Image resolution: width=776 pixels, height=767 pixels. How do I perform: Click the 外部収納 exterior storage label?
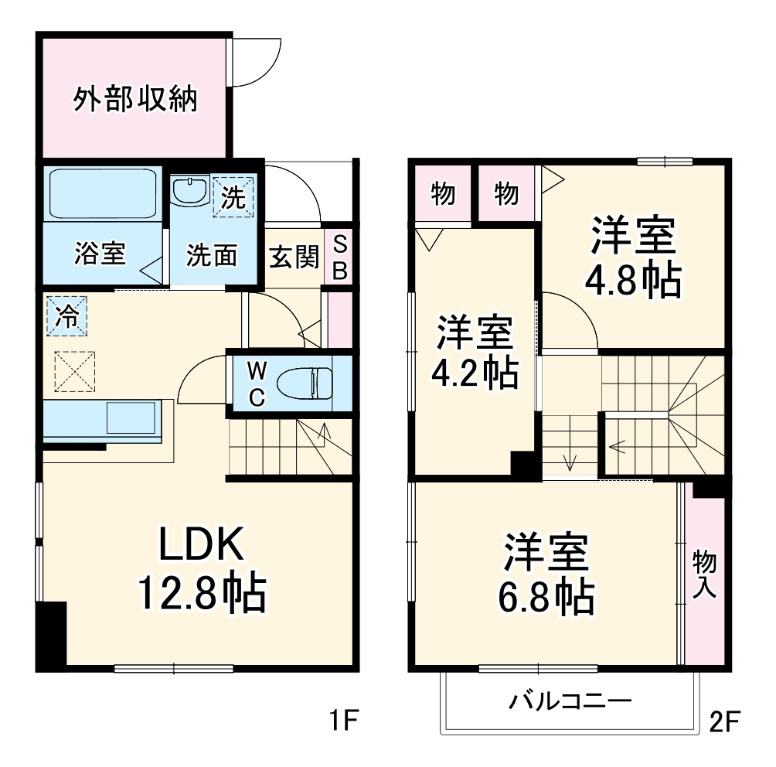tap(135, 100)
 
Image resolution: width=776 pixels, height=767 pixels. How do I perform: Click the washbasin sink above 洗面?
tap(188, 190)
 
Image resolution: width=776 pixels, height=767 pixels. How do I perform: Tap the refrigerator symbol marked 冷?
tap(67, 317)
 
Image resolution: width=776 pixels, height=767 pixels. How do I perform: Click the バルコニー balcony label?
tap(570, 702)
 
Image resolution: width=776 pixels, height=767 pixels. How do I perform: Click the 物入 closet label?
tap(704, 573)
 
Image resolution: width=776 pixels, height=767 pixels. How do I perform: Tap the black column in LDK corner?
tap(52, 636)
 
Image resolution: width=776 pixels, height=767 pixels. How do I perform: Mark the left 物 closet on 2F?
tap(442, 194)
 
